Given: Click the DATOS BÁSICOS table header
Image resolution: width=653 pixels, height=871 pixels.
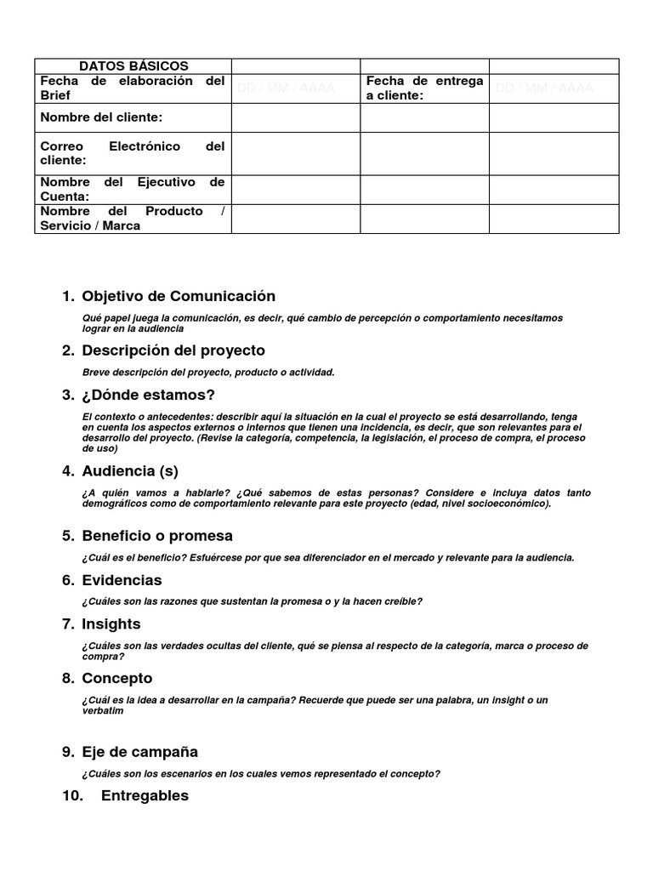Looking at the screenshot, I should click(x=133, y=66).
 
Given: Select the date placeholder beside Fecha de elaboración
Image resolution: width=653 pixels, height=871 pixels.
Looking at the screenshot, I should click(x=286, y=88).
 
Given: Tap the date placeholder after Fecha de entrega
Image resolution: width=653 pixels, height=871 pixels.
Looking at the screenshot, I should click(x=544, y=88).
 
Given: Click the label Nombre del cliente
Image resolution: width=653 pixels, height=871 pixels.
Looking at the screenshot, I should click(x=101, y=117).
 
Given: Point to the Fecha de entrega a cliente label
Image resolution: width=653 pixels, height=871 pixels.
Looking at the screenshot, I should click(x=424, y=88).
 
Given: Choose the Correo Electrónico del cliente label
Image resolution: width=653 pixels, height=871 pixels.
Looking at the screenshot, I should click(x=132, y=153).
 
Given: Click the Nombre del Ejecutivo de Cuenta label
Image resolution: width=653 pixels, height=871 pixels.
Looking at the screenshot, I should click(x=132, y=190).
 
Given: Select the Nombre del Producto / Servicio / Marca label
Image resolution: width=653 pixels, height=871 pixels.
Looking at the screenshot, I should click(x=132, y=219).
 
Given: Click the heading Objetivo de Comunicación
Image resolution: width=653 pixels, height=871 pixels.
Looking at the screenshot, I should click(x=179, y=297).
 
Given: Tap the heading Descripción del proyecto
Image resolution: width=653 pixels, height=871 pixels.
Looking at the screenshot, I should click(x=173, y=350).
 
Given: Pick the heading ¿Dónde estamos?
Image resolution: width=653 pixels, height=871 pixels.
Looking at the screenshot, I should click(x=148, y=395).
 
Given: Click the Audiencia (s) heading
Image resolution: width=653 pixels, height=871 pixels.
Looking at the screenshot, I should click(x=130, y=471).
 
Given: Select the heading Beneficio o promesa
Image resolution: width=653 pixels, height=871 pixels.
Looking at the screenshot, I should click(x=157, y=536).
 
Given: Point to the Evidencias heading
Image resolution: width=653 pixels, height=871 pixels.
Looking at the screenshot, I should click(x=122, y=580).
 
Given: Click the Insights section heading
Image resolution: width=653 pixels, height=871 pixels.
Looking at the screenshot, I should click(x=111, y=624).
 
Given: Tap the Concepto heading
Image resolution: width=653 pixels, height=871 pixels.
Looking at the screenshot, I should click(x=117, y=678).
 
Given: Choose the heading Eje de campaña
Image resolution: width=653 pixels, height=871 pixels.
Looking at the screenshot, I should click(x=139, y=752).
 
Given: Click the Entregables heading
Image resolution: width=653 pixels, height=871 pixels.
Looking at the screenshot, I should click(x=145, y=796).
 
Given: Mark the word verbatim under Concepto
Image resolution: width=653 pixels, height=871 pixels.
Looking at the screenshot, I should click(x=103, y=711).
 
